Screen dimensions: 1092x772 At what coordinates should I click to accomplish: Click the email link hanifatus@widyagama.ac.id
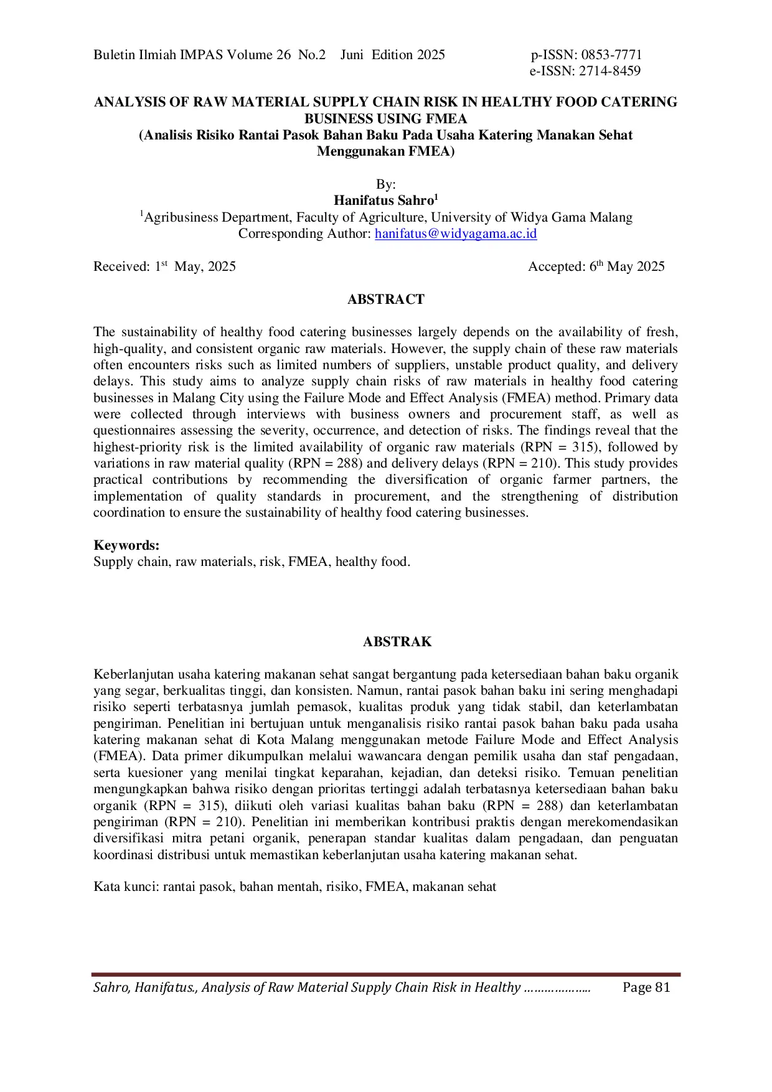coord(456,234)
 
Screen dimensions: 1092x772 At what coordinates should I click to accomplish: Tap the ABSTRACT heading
coord(385,299)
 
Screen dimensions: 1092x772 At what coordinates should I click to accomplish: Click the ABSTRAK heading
coord(397,642)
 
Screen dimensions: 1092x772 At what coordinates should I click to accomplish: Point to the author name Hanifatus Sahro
coord(384,200)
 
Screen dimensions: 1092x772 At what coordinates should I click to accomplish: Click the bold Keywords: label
coord(126,545)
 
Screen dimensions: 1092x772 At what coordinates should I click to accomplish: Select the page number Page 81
coord(646,987)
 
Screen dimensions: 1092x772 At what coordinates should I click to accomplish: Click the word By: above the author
coord(385,184)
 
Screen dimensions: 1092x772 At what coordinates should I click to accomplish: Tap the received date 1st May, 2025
coord(195,267)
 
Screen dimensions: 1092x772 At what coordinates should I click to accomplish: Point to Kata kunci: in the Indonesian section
coord(126,887)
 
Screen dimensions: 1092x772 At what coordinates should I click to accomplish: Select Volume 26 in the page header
coord(258,55)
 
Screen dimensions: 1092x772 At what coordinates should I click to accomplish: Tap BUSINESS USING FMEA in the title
coord(385,118)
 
